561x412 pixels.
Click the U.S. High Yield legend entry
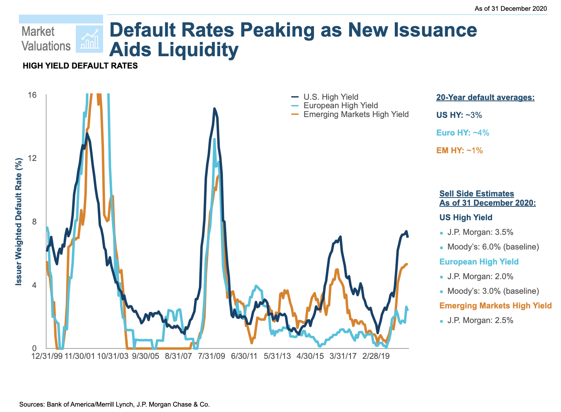(x=331, y=97)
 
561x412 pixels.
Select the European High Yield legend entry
(x=341, y=106)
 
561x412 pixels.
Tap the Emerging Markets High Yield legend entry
(x=356, y=114)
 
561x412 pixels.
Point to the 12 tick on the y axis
(x=33, y=158)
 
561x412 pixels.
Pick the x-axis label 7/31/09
(x=212, y=356)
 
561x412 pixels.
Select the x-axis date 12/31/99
(x=47, y=356)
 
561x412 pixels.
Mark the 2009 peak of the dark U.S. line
(x=214, y=109)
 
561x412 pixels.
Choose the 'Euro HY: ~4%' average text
(x=462, y=133)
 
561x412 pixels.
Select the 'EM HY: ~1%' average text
(x=459, y=151)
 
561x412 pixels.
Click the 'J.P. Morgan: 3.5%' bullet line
(x=480, y=232)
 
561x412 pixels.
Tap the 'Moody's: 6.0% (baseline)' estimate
(x=493, y=247)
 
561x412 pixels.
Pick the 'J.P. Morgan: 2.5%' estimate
(x=480, y=320)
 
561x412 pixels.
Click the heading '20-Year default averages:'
(x=485, y=97)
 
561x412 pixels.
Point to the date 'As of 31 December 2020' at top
(x=511, y=8)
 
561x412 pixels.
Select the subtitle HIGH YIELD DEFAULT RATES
(x=80, y=66)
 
